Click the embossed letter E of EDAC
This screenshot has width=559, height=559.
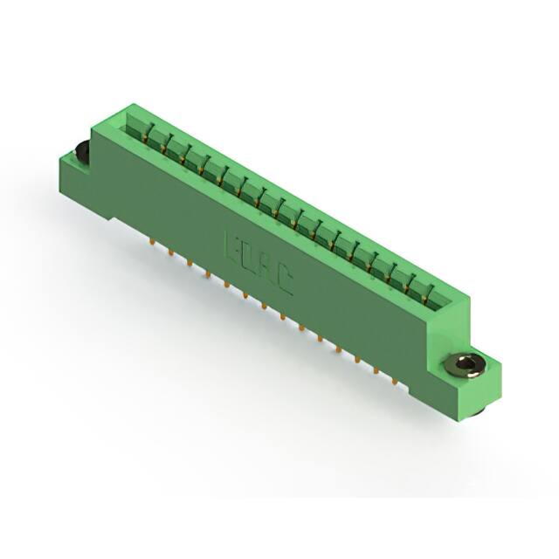[233, 242]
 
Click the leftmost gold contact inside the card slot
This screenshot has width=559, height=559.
[146, 129]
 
